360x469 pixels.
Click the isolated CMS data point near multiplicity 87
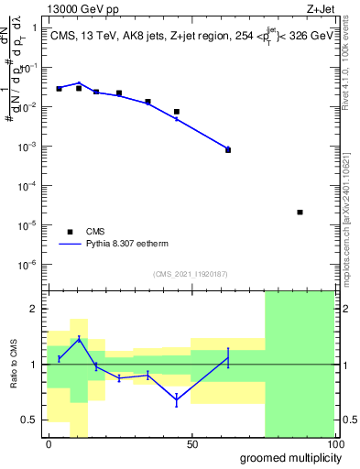300,213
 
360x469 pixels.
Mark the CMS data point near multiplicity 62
228,149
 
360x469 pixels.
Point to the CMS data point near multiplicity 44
177,112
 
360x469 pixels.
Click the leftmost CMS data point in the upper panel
59,89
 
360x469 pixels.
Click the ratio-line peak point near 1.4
80,339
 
